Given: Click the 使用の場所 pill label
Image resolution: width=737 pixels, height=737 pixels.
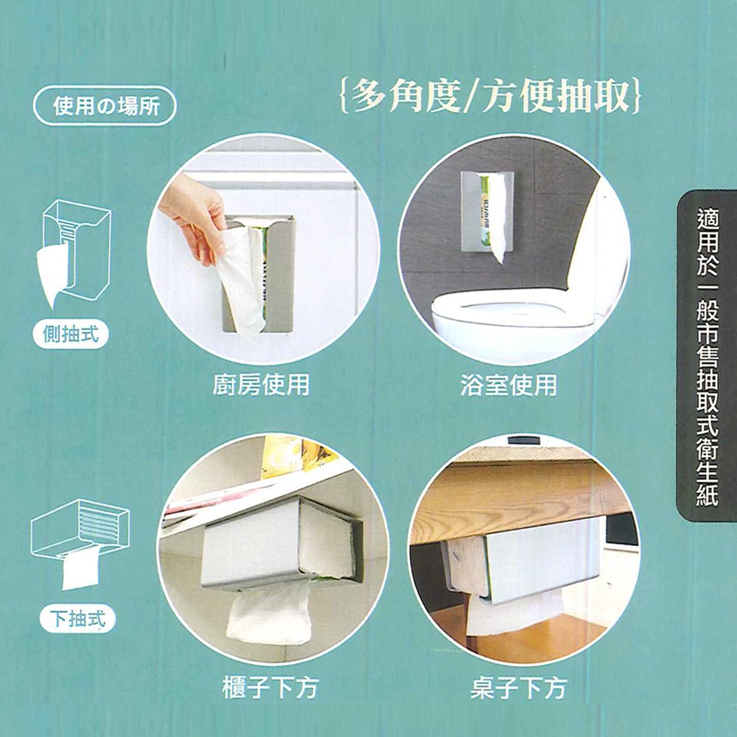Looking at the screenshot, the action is point(105,105).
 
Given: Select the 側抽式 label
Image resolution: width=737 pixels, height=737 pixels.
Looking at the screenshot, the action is point(71,334).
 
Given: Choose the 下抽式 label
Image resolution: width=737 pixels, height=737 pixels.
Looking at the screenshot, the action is point(77,618).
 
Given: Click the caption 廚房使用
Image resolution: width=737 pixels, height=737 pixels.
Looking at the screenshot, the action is point(262,385).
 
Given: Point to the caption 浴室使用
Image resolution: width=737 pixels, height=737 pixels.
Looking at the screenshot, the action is point(509,385).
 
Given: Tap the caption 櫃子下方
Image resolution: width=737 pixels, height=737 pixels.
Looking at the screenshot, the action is point(270,688).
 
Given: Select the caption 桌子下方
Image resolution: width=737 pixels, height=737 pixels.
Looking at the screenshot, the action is point(518,688).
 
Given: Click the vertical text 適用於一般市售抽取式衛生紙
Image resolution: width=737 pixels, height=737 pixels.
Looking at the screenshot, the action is point(708,356).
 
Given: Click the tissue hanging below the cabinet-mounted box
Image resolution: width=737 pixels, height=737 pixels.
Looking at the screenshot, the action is point(269,613).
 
